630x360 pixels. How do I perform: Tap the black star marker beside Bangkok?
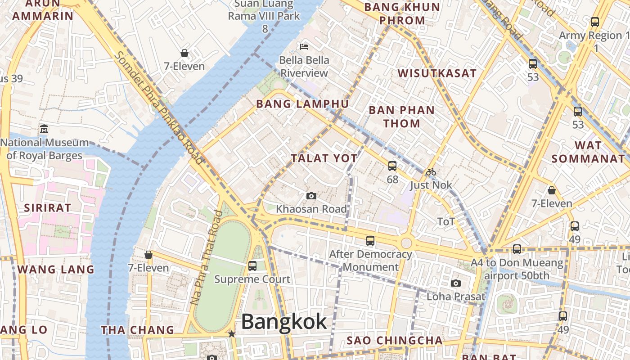click(231, 334)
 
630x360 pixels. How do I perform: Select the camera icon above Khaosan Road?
click(311, 196)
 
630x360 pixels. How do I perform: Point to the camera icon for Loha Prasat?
click(456, 283)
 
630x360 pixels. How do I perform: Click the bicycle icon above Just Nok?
click(431, 172)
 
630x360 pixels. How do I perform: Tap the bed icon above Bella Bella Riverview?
click(304, 46)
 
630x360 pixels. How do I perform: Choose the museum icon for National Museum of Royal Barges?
click(44, 129)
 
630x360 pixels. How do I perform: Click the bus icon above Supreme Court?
click(252, 265)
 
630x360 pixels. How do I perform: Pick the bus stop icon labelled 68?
click(392, 166)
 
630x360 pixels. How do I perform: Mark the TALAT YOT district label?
click(324, 158)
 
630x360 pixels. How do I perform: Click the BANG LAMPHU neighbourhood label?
click(302, 104)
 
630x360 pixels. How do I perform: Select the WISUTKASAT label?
click(437, 73)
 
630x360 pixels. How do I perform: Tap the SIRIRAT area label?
click(47, 208)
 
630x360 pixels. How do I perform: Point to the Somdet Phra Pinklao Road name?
click(159, 108)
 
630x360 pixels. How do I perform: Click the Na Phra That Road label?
click(207, 257)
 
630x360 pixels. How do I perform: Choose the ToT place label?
click(446, 221)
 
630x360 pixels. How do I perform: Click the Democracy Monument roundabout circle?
click(406, 243)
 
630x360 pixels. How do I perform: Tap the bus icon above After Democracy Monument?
click(370, 241)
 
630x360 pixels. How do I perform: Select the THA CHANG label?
click(137, 330)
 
